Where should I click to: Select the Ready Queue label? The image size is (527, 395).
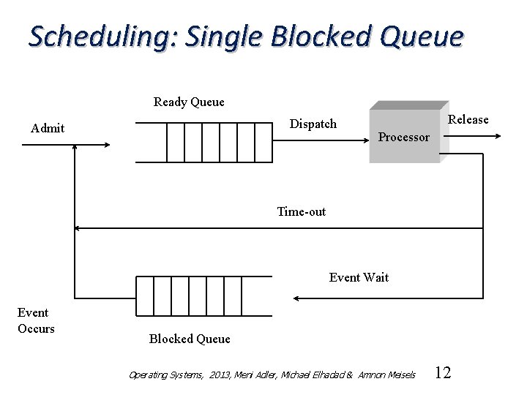pyautogui.click(x=189, y=102)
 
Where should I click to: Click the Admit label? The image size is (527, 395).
pyautogui.click(x=48, y=128)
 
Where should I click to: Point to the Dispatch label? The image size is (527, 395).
pyautogui.click(x=313, y=124)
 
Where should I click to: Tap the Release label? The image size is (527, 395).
pyautogui.click(x=468, y=119)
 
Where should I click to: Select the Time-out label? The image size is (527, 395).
pyautogui.click(x=302, y=211)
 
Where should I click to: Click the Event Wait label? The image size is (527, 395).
pyautogui.click(x=359, y=277)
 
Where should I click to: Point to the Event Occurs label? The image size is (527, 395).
pyautogui.click(x=36, y=320)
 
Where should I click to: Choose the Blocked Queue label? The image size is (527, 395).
pyautogui.click(x=190, y=338)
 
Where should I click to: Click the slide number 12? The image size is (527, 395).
pyautogui.click(x=443, y=373)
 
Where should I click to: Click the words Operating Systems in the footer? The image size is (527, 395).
pyautogui.click(x=165, y=375)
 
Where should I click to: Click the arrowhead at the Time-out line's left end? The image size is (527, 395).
pyautogui.click(x=79, y=228)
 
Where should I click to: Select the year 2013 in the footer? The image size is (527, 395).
pyautogui.click(x=219, y=375)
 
